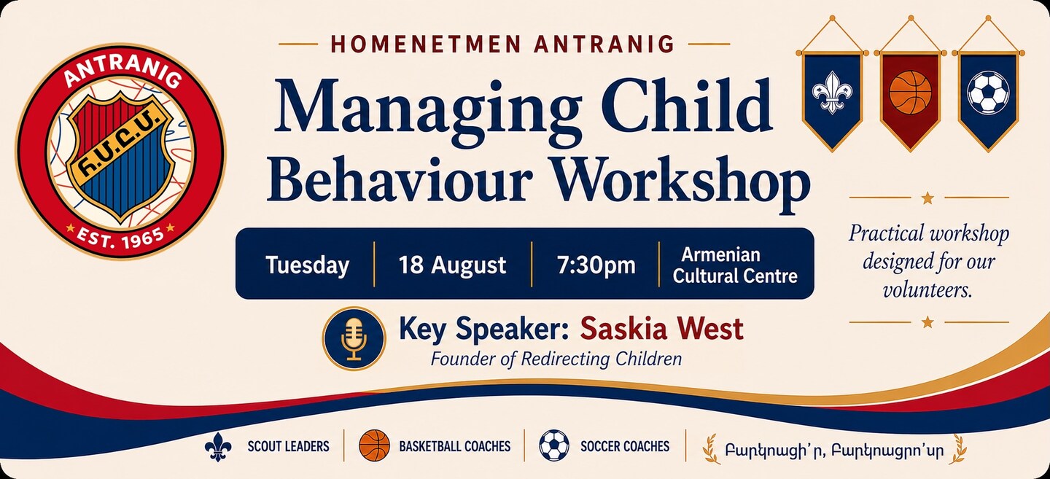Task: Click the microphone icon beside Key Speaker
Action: click(354, 338)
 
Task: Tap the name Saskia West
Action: click(661, 329)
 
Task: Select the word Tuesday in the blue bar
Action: click(308, 265)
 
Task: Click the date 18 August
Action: click(452, 265)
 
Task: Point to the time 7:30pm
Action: click(596, 265)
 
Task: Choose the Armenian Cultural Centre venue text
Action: click(735, 265)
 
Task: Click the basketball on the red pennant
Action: click(910, 93)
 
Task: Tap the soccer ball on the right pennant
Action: click(988, 93)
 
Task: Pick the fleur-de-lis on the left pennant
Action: click(832, 93)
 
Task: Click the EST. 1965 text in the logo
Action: click(120, 237)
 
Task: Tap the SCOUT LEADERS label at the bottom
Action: click(288, 446)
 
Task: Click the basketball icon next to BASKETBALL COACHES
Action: click(375, 445)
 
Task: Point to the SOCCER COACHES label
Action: click(625, 446)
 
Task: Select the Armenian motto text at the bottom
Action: click(834, 450)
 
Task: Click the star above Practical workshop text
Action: click(927, 198)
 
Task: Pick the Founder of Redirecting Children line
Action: click(556, 359)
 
